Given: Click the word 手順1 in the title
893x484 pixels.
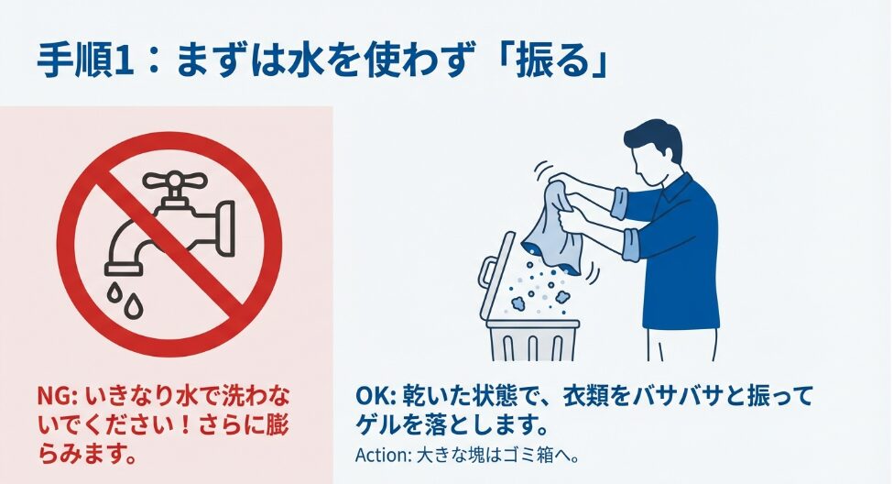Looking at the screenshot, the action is pyautogui.click(x=85, y=61).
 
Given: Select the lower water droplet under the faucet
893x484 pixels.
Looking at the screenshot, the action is pyautogui.click(x=135, y=307).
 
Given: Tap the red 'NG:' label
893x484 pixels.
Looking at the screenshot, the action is pyautogui.click(x=60, y=395).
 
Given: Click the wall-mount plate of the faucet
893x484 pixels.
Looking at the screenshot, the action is pyautogui.click(x=225, y=228).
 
